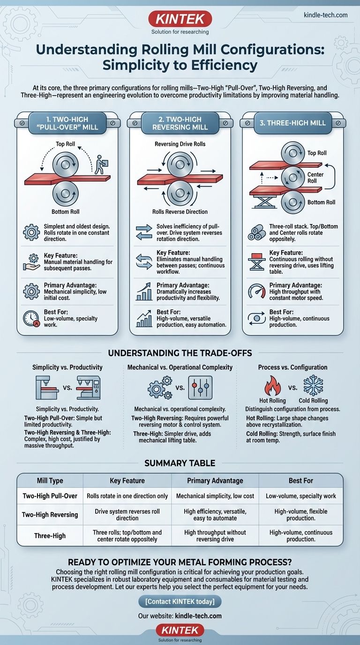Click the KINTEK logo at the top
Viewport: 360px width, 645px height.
tap(180, 19)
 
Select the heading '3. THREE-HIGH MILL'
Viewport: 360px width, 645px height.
tap(292, 123)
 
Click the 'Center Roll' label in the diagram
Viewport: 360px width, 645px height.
tap(315, 178)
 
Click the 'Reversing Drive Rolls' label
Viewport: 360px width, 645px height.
tap(180, 144)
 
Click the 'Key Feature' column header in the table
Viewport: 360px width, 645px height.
tap(127, 480)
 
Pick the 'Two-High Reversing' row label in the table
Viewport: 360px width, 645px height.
tap(50, 514)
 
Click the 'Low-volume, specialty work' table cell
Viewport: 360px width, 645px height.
tap(301, 496)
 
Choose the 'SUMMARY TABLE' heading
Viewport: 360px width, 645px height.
tap(180, 463)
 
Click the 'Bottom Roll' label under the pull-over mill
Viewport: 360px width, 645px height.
tap(64, 211)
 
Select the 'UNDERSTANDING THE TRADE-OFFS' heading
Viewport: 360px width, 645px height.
tap(180, 352)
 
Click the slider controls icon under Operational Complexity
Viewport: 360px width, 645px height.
tap(200, 387)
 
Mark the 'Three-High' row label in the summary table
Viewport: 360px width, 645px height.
tap(50, 536)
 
